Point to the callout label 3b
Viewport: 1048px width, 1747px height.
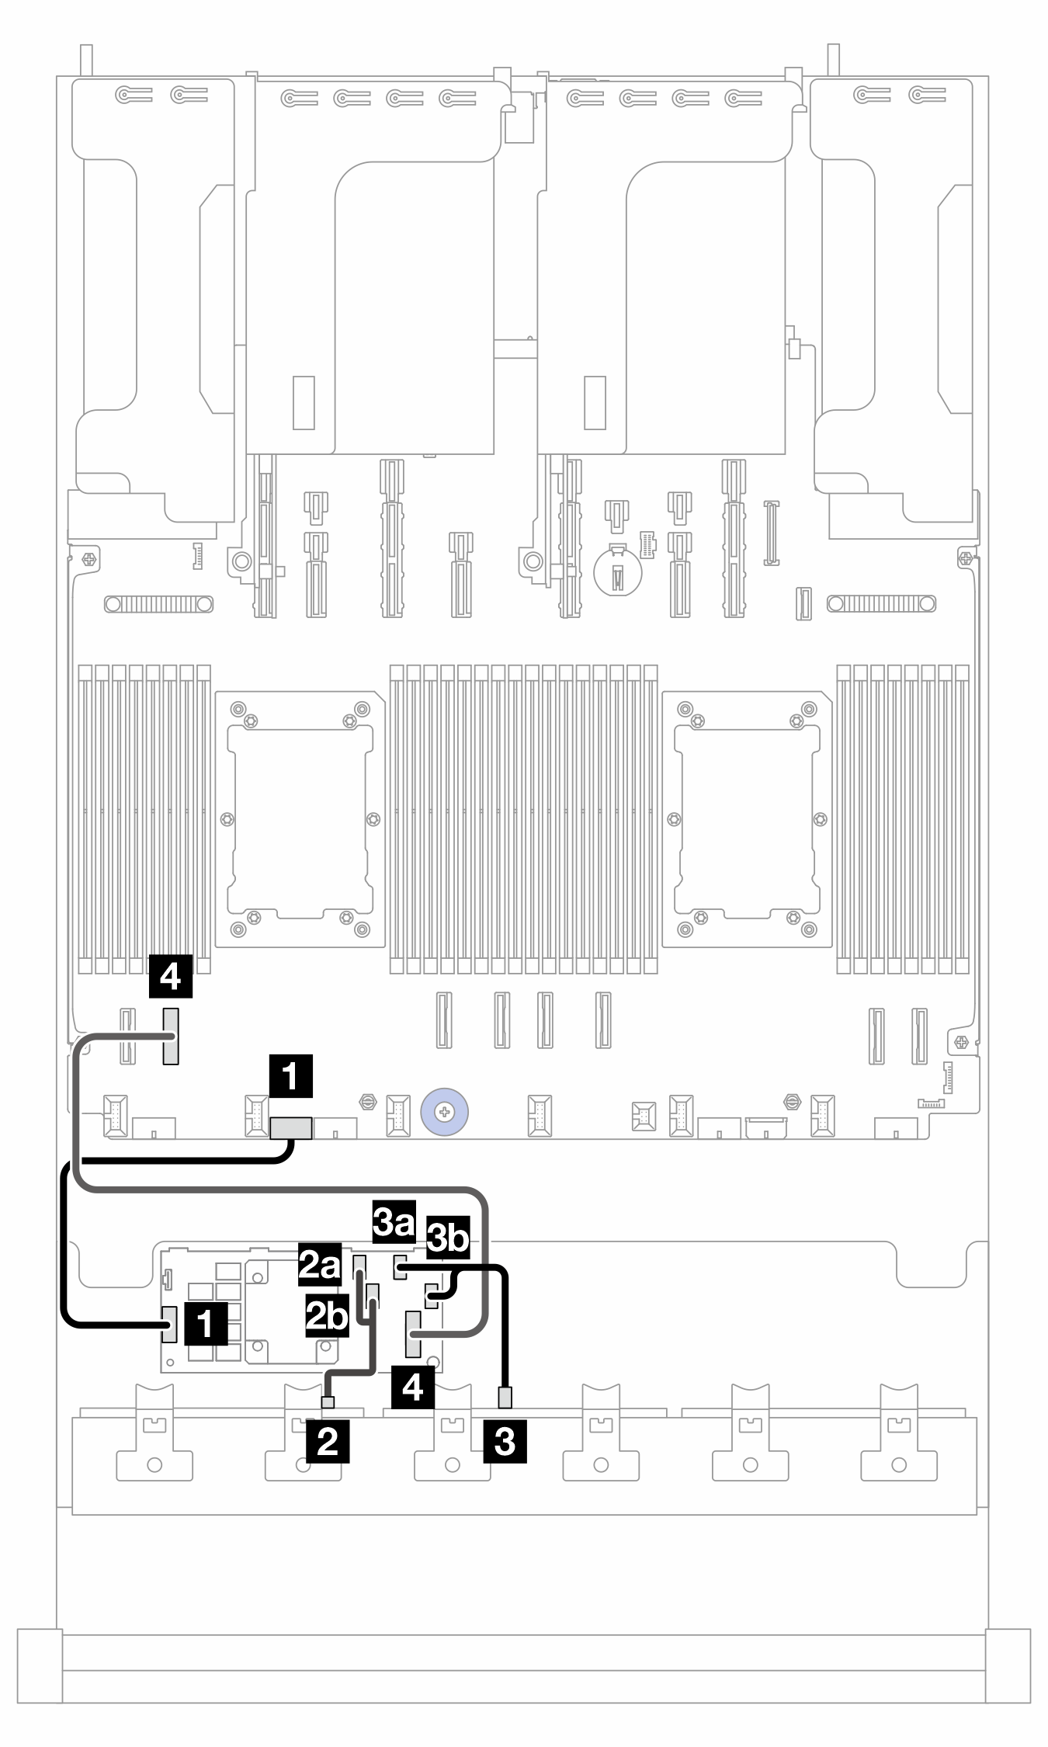pos(449,1240)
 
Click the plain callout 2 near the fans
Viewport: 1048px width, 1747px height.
pos(328,1441)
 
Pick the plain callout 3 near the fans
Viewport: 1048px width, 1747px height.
pos(505,1441)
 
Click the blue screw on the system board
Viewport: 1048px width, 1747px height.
pos(443,1113)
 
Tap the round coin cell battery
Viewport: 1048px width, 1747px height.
pos(617,571)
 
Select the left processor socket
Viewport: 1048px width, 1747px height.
pos(300,819)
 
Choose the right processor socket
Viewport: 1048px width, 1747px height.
pos(747,819)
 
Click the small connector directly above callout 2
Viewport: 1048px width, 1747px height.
pos(328,1401)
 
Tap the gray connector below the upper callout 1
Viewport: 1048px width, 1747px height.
pos(291,1127)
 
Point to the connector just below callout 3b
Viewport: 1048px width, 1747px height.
pos(432,1294)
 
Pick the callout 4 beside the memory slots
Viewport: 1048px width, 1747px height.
pos(171,976)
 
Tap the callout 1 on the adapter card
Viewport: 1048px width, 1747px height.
pos(206,1324)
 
